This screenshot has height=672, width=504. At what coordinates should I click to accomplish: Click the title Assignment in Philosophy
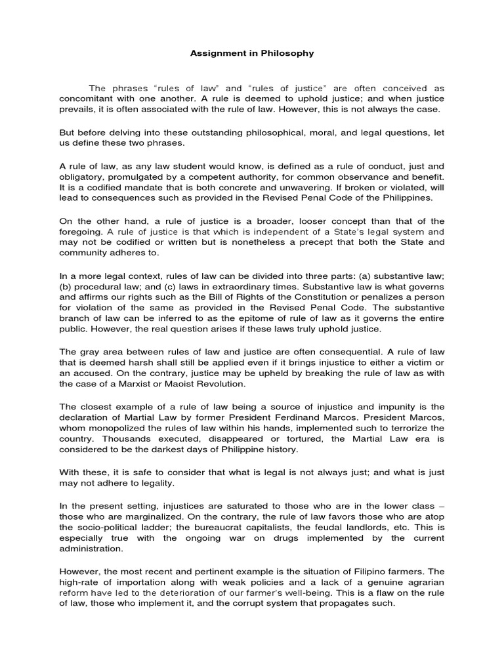(252, 53)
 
